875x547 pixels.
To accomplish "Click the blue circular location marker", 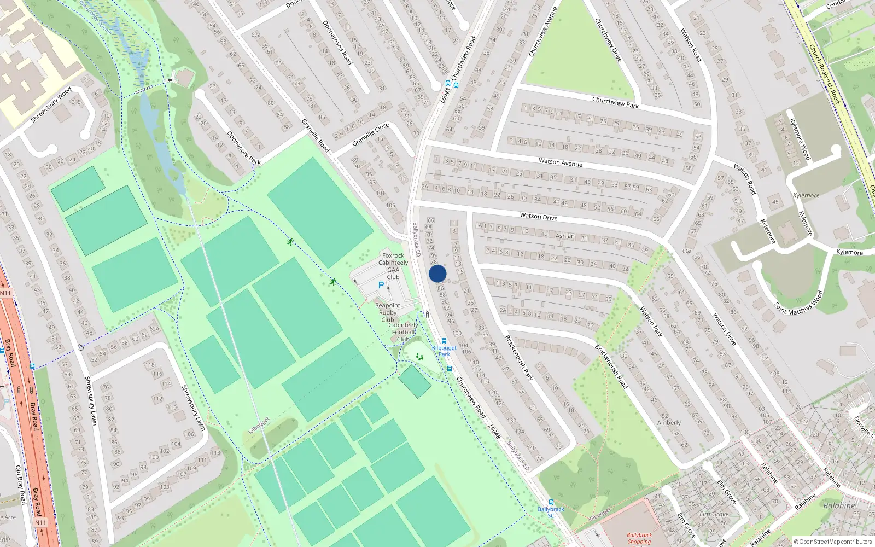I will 437,273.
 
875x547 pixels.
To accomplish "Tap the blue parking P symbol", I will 381,286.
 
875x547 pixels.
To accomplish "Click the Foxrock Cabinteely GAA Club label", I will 393,266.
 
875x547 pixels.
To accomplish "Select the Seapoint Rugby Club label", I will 387,312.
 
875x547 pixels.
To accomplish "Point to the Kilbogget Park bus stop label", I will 444,351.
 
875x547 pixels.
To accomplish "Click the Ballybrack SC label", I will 551,512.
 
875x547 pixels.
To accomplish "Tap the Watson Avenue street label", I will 561,162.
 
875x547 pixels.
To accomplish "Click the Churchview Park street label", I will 615,102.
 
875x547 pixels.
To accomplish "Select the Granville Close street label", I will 371,134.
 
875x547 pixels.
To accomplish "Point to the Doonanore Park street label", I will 244,148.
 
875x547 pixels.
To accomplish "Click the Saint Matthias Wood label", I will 799,303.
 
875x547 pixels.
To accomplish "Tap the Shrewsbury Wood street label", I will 51,104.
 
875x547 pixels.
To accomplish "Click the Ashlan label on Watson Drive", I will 565,236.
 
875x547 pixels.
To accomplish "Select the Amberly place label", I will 669,423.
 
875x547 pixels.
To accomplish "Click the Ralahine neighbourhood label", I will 839,505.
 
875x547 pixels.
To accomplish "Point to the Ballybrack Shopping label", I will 639,538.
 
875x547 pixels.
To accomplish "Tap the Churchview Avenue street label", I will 543,32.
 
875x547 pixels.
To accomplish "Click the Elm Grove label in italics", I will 713,514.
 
